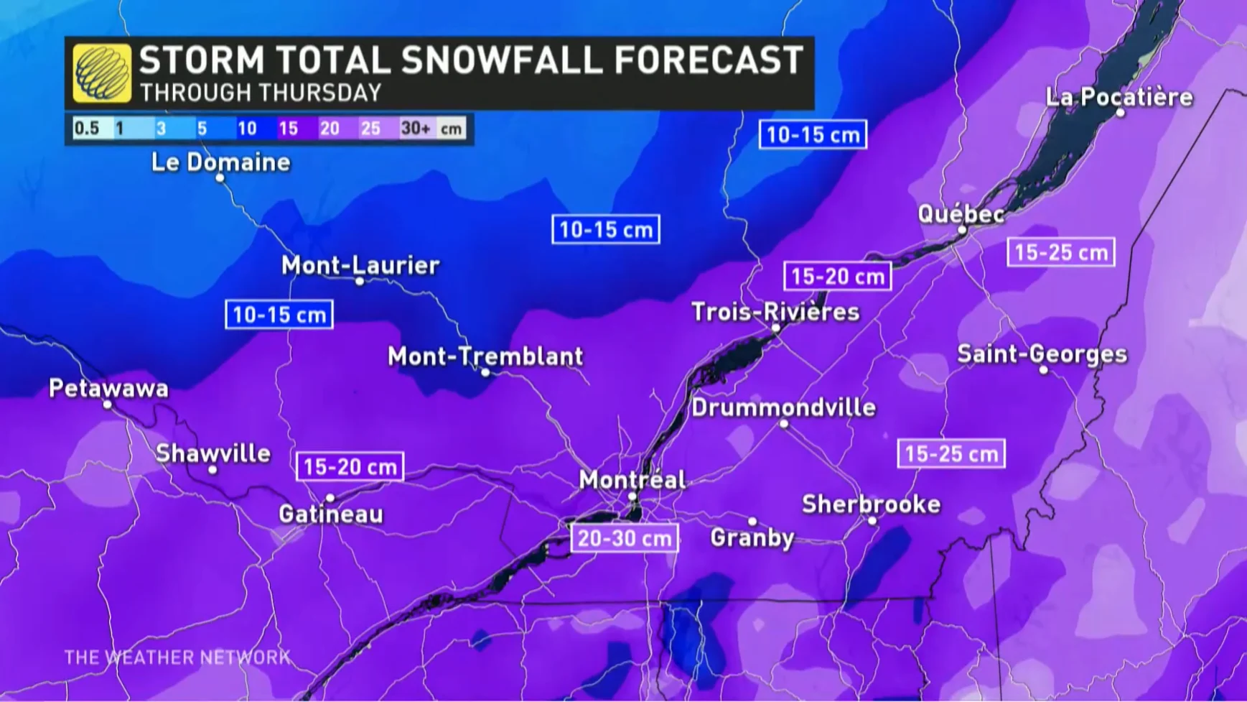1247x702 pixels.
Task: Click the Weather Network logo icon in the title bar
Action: (x=102, y=73)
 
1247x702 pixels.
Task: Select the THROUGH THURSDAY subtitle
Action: (x=261, y=93)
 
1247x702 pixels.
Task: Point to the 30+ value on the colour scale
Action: (x=416, y=129)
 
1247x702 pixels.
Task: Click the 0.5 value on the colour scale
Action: (x=87, y=129)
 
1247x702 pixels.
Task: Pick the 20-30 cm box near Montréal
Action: (x=625, y=538)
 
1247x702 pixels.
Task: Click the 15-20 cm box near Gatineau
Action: (x=350, y=467)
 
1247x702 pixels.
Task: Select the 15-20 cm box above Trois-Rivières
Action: (x=838, y=277)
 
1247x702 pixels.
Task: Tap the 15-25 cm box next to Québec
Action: (x=1061, y=252)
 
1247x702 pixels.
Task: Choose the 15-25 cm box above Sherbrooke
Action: (x=951, y=454)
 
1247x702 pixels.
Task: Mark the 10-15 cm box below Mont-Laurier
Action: (x=279, y=315)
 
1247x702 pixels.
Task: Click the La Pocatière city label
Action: (x=1118, y=97)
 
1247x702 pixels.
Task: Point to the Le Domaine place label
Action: (x=221, y=162)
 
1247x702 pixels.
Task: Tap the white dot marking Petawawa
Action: (x=107, y=405)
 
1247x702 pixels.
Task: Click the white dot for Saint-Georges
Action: (x=1043, y=370)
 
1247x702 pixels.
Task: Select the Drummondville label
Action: (x=783, y=407)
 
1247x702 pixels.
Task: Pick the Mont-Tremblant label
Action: (x=485, y=356)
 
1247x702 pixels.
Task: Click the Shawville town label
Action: (x=213, y=453)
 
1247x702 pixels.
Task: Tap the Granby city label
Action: (x=752, y=537)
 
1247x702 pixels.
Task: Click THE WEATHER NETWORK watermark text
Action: (x=177, y=657)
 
